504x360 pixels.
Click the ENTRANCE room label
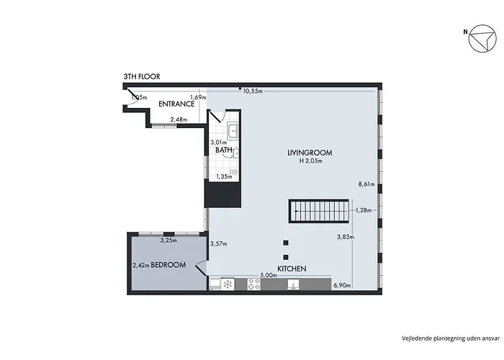[x=177, y=104]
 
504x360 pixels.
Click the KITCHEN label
[x=292, y=269]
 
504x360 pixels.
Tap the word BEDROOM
[x=168, y=265]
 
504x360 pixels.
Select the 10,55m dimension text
[x=253, y=91]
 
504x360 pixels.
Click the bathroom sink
[x=234, y=131]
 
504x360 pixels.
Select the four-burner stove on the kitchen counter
[x=253, y=285]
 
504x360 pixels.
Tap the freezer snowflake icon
[x=228, y=285]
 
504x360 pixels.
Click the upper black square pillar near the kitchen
[x=286, y=243]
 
